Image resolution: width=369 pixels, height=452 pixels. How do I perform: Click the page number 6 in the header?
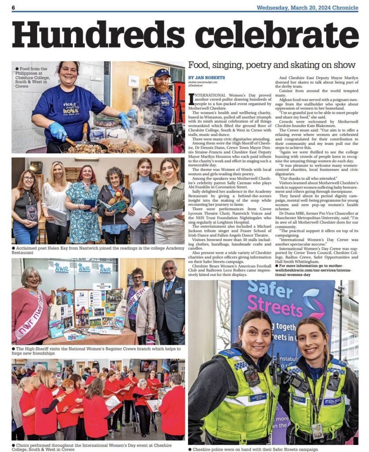tap(13, 8)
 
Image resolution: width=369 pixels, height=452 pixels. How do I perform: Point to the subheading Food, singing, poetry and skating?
tap(271, 65)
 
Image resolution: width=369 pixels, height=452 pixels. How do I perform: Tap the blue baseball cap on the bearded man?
tap(162, 73)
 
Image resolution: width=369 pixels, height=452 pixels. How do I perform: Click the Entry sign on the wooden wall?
tap(133, 82)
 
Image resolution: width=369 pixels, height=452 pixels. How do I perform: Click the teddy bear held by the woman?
tap(119, 196)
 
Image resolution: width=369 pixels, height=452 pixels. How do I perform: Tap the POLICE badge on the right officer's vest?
tap(331, 401)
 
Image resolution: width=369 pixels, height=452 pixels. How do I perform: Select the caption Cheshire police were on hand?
tap(252, 449)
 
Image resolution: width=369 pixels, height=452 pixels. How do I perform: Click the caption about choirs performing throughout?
tap(93, 447)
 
